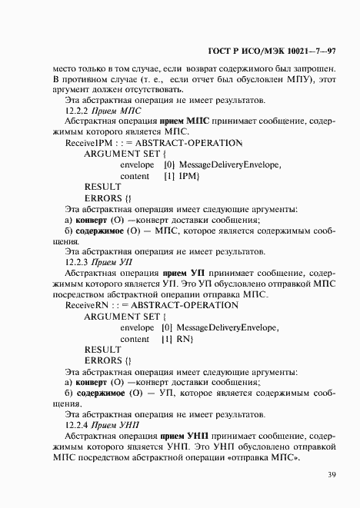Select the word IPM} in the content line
pyautogui.click(x=188, y=176)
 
